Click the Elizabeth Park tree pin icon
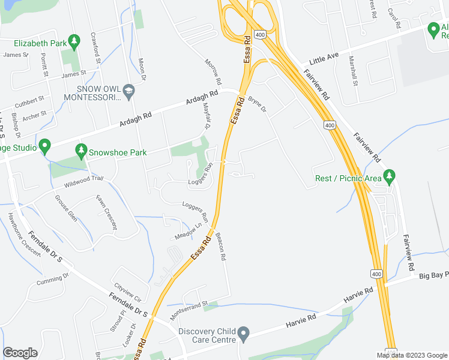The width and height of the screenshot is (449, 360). coord(74,42)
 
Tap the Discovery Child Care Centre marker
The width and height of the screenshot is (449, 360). coord(243,332)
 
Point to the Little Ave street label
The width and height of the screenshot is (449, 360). coord(324,58)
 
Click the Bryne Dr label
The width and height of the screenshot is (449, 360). coord(258,104)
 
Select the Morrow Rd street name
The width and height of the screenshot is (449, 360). coord(213,71)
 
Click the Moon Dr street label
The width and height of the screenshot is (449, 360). coord(142,70)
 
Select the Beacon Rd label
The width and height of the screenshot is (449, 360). coord(220,246)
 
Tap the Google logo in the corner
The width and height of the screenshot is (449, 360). coord(20,352)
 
